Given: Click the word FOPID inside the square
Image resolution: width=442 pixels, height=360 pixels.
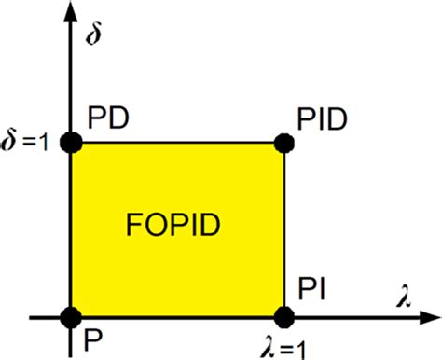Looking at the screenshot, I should pos(176,224).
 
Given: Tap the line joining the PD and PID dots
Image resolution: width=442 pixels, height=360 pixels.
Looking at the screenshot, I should pos(177,143).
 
